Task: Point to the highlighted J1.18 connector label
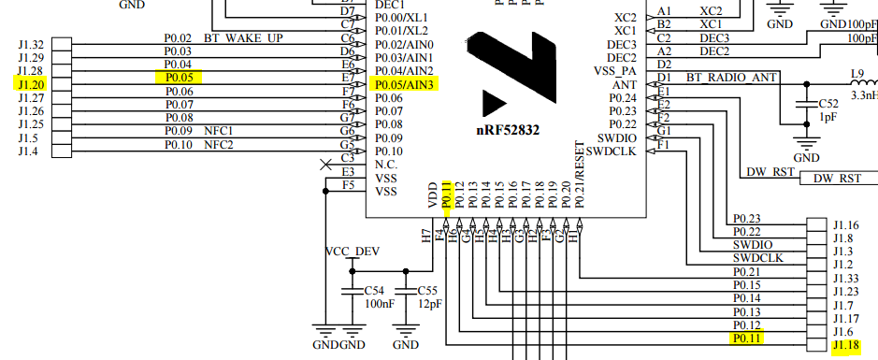[x=845, y=345]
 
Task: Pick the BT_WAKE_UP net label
[x=249, y=38]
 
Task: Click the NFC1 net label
[x=218, y=131]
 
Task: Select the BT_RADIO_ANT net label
[x=733, y=78]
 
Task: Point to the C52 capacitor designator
[x=828, y=104]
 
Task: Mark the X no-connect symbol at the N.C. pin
[x=325, y=166]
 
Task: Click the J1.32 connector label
[x=30, y=45]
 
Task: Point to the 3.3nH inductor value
[x=863, y=94]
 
